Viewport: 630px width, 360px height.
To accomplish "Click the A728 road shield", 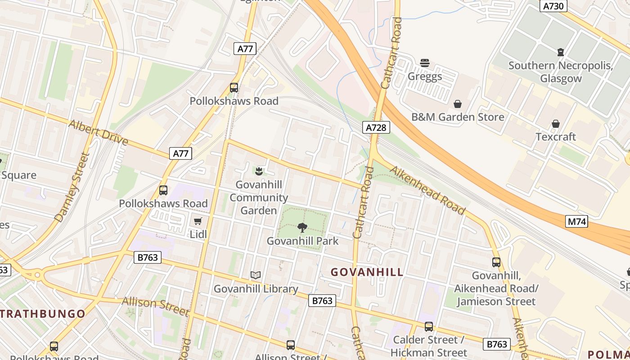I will tap(376, 127).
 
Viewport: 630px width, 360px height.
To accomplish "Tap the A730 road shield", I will tap(553, 6).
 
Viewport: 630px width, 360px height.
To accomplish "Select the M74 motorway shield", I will tap(576, 221).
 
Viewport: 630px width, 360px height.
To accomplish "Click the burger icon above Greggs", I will tap(425, 63).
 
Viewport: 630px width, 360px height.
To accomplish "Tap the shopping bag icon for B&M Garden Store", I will tap(458, 104).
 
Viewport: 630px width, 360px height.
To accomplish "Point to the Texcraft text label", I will tap(555, 137).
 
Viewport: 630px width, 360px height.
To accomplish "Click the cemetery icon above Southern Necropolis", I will tap(561, 52).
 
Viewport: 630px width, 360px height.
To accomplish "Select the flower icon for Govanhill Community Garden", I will tap(259, 171).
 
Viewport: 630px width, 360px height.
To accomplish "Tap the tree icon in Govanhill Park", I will tap(302, 228).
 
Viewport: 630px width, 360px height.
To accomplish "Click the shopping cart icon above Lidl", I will tap(198, 221).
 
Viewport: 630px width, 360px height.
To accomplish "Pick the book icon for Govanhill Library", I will tap(256, 275).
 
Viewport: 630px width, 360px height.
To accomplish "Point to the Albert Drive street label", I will tap(99, 132).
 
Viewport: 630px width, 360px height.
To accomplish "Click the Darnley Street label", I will tap(72, 187).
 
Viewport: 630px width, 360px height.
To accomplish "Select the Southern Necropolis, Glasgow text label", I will tap(561, 72).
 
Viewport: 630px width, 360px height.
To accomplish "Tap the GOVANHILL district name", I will tap(367, 272).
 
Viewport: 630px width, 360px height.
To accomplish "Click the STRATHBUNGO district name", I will tap(43, 314).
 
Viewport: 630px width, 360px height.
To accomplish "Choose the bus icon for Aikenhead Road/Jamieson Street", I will tap(496, 262).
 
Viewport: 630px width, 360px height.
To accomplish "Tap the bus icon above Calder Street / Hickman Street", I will tap(429, 327).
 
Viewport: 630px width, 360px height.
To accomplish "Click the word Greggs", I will tap(425, 76).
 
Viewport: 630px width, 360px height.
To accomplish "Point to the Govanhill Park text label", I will tap(302, 241).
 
